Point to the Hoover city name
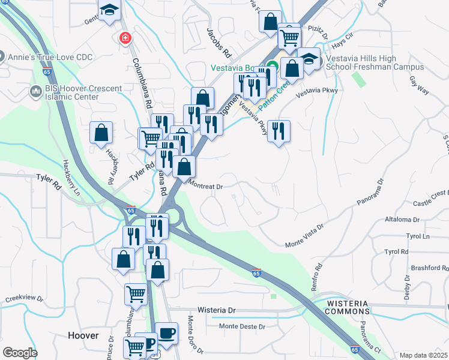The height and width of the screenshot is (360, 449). coord(83,335)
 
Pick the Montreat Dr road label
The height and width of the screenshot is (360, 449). coord(206,186)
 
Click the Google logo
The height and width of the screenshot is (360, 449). coord(20,352)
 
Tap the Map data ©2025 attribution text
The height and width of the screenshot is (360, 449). coord(424,355)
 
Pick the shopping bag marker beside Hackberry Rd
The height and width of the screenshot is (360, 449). coord(101,133)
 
